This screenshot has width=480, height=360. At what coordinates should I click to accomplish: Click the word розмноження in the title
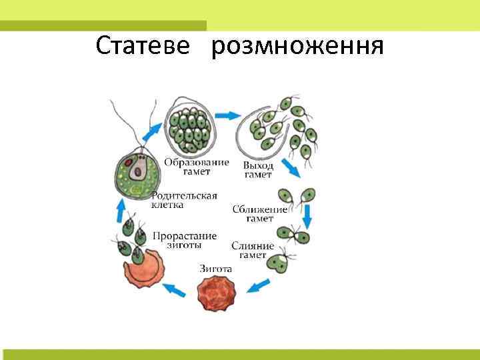click(297, 47)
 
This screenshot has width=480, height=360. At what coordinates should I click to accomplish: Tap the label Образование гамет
click(197, 167)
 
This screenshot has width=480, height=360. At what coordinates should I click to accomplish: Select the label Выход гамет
click(258, 170)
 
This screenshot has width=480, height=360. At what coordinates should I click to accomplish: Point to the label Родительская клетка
click(184, 200)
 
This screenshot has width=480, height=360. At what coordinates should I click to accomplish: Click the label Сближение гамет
click(260, 213)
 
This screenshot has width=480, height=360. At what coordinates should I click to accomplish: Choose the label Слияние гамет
click(253, 251)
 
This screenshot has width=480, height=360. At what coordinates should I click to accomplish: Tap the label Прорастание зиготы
click(185, 240)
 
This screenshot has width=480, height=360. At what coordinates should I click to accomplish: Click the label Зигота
click(216, 269)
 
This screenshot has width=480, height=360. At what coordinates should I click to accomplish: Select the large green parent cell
click(139, 173)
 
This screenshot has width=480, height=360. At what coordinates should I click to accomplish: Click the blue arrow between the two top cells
click(229, 116)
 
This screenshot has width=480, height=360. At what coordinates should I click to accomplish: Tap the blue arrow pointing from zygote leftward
click(175, 290)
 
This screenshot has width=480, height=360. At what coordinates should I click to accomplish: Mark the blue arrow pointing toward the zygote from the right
click(257, 287)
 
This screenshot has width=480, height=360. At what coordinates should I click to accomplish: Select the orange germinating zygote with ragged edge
click(142, 267)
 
